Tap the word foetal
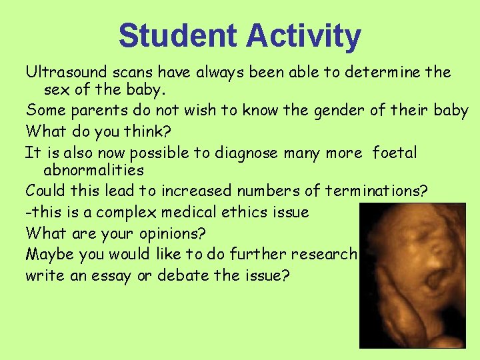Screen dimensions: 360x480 pos(395,153)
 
